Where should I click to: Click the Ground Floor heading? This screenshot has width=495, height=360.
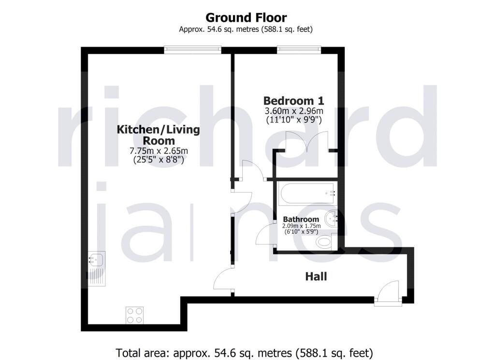[246, 17]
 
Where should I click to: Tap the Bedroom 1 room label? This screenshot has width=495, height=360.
[293, 101]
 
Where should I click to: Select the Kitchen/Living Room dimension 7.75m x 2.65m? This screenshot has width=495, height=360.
[159, 151]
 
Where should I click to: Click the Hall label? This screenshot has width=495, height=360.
[316, 277]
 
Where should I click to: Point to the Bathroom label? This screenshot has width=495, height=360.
[301, 219]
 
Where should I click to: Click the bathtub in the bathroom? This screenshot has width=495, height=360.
[307, 193]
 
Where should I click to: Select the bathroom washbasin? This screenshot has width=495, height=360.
[331, 218]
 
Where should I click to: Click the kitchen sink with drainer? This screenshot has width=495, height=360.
[96, 269]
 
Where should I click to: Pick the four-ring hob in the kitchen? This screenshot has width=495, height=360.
[135, 315]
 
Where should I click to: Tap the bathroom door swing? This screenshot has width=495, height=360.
[264, 234]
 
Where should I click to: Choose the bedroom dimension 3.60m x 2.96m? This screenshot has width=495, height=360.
[294, 111]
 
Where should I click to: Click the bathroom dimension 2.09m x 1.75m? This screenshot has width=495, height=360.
[302, 226]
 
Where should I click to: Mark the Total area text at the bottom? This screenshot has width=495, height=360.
[245, 352]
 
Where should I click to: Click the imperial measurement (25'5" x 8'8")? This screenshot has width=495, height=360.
[159, 160]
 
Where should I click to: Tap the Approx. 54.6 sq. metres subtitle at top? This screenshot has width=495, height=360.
[246, 30]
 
